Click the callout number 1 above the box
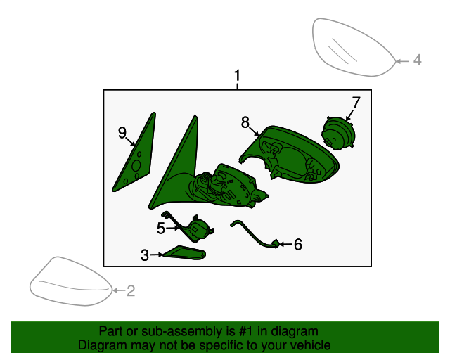point(237,75)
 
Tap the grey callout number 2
point(131,291)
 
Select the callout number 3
point(145,255)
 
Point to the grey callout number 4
point(418,60)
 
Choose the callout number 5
point(161,229)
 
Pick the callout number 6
point(298,244)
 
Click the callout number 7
point(356,103)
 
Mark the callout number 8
point(245,122)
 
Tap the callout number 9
point(122,133)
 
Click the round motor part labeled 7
point(338,134)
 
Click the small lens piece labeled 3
point(184,252)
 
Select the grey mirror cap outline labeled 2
point(70,281)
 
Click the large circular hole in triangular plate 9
point(136,166)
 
